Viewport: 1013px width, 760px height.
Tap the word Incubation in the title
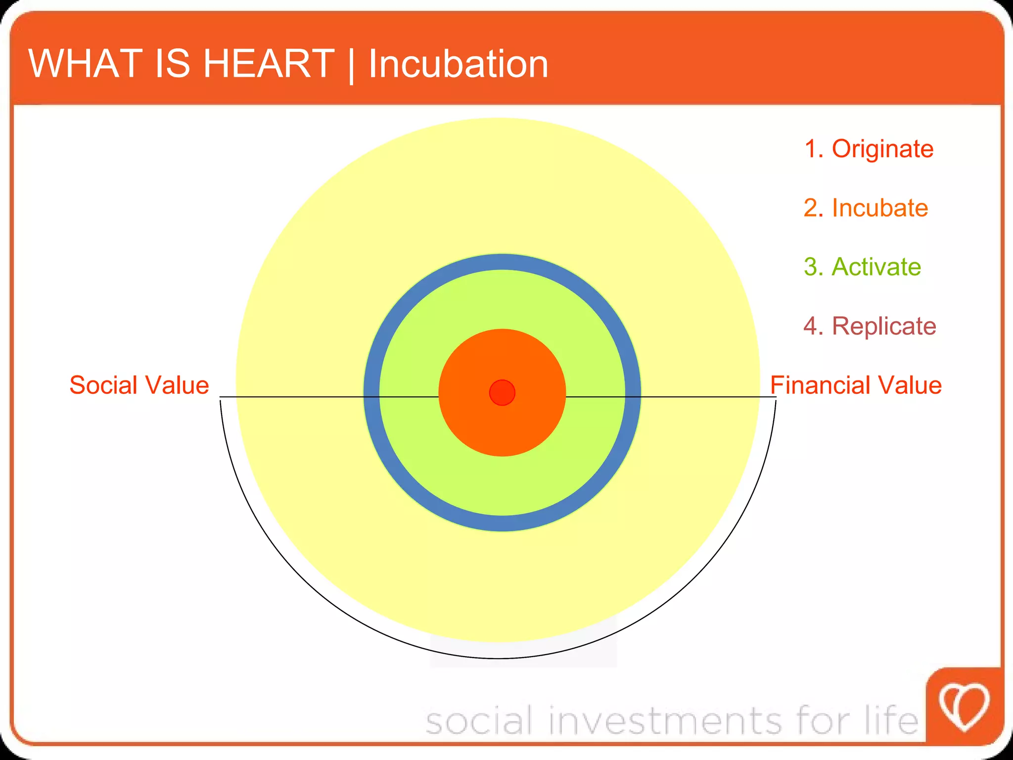point(459,64)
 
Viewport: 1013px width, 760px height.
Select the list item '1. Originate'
point(869,148)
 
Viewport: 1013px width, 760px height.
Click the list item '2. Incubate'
point(866,208)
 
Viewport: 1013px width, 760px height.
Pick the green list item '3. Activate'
point(862,267)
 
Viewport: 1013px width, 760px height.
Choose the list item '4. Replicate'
point(870,326)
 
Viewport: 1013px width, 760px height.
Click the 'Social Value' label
point(139,385)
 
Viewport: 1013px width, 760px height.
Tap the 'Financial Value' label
point(856,385)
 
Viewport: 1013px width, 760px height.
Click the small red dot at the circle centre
point(502,392)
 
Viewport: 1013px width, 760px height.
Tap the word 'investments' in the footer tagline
point(665,720)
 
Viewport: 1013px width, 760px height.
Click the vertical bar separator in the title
point(351,65)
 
